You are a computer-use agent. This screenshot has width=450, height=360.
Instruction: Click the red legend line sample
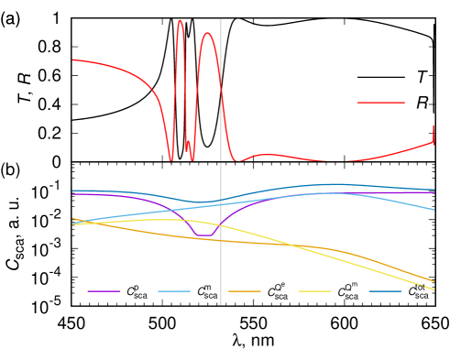click(380, 103)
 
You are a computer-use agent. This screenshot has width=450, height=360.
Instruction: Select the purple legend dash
click(104, 291)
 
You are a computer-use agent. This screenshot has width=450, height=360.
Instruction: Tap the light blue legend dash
click(174, 291)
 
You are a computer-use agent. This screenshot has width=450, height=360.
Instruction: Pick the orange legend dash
click(245, 291)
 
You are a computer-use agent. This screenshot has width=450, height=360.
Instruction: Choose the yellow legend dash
click(314, 291)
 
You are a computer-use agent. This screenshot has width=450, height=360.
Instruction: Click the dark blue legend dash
click(385, 291)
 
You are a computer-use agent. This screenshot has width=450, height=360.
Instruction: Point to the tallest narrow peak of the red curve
click(180, 20)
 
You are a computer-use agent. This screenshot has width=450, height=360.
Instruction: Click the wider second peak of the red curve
click(208, 34)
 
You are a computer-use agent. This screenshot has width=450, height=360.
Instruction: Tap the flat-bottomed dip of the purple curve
click(206, 235)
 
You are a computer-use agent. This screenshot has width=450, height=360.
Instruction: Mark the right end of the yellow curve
click(434, 289)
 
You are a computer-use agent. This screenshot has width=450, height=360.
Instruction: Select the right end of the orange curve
click(434, 281)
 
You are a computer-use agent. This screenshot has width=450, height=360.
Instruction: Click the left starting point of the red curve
click(73, 60)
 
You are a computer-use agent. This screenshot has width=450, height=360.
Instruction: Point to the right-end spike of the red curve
click(434, 126)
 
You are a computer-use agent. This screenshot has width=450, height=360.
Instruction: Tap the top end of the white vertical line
click(221, 19)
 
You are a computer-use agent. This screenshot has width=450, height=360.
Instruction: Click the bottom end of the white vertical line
click(221, 304)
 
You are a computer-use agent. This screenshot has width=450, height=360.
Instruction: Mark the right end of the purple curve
click(434, 192)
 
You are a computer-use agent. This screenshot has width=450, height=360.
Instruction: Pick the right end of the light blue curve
click(434, 210)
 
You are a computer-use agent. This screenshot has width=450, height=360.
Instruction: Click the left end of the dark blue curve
click(73, 191)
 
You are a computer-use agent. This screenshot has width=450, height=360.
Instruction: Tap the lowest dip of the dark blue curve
click(202, 202)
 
